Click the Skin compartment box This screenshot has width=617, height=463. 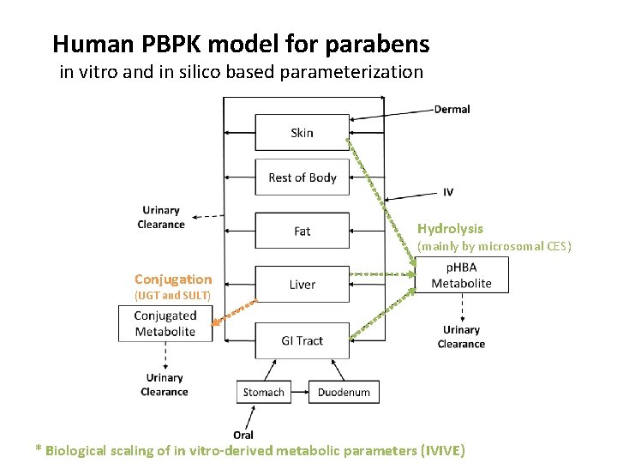coord(302,133)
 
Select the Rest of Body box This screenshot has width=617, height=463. coord(302,177)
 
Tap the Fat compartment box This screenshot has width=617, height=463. coord(302,231)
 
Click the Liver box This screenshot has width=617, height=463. coord(302,285)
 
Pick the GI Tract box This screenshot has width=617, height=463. coord(302,340)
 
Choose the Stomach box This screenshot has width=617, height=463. coord(263,392)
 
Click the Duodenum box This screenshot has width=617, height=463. coord(344,392)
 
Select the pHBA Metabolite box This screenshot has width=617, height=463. coord(461,275)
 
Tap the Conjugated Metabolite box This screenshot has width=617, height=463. coord(165,323)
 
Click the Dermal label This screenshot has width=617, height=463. coord(452,109)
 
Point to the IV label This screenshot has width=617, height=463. coord(448,191)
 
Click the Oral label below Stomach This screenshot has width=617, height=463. coord(243,435)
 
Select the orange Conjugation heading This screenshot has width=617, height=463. coord(173,279)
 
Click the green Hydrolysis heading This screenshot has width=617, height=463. coord(450,229)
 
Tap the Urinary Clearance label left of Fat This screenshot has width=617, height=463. coord(161,217)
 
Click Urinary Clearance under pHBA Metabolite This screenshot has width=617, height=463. coord(461,337)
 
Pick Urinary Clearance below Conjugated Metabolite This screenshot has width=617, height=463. coord(165,384)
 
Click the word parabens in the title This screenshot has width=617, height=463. coord(381,43)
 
